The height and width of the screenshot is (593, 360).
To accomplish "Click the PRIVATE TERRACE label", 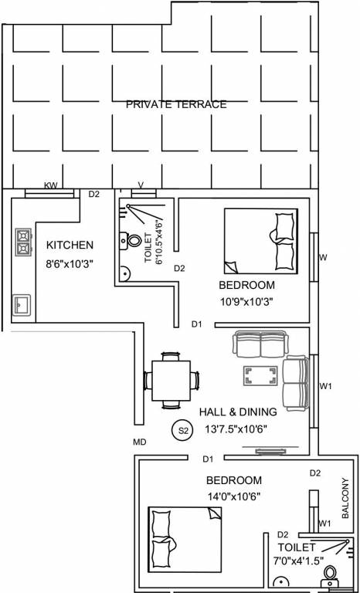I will click(x=176, y=104).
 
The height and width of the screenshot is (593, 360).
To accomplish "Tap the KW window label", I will click(x=51, y=185).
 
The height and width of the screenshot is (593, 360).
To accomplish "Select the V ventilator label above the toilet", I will click(x=140, y=185).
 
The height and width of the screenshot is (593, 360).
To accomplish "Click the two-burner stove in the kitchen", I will click(x=22, y=242).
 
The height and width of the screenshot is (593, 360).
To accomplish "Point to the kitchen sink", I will click(x=21, y=304).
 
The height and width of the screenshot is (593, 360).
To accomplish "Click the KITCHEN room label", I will click(x=70, y=245).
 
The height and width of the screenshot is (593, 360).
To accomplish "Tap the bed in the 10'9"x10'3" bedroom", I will click(x=259, y=239).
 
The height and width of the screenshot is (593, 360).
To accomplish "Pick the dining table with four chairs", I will click(x=172, y=380).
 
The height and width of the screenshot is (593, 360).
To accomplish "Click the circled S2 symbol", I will click(x=183, y=430).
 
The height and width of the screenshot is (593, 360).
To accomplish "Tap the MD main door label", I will click(x=140, y=442).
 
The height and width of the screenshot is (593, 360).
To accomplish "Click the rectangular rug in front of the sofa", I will click(x=261, y=376).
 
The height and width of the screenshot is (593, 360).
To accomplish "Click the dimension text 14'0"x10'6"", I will click(x=233, y=496).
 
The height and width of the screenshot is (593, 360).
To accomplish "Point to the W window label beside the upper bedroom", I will click(x=324, y=256).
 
